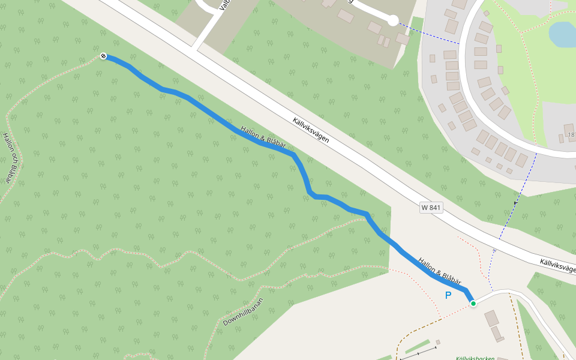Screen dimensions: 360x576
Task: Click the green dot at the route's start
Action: click(473, 304)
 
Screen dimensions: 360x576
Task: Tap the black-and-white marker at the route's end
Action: click(103, 56)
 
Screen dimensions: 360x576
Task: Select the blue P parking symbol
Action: click(448, 295)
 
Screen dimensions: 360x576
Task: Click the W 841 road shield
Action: click(431, 207)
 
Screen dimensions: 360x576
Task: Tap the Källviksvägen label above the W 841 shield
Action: click(311, 129)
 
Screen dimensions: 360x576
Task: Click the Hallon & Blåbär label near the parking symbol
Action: click(440, 272)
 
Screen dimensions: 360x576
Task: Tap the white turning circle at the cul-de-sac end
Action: click(392, 21)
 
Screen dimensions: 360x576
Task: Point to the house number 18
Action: click(571, 135)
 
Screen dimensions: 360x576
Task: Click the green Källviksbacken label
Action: click(475, 358)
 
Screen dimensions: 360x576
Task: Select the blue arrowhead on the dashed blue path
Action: click(515, 203)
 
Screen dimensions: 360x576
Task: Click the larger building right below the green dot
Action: click(491, 318)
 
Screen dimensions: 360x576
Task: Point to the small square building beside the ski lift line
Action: click(438, 342)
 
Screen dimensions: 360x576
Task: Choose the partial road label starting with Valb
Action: click(224, 8)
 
